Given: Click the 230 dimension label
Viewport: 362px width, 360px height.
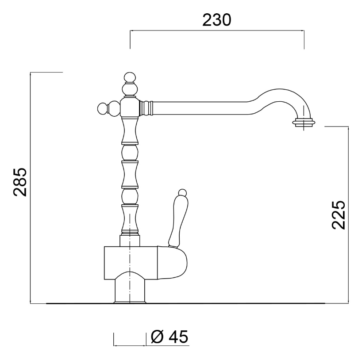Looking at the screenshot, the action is [x=216, y=20].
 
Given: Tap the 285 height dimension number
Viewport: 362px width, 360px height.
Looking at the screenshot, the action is [x=20, y=182].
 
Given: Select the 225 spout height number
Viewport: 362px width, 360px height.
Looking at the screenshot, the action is [x=338, y=215].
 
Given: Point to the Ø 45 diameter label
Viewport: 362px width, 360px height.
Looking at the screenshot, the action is [x=169, y=337].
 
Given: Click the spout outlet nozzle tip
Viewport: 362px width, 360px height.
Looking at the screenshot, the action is [x=304, y=123].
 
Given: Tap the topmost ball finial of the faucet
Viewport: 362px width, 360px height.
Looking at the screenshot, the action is [x=130, y=77].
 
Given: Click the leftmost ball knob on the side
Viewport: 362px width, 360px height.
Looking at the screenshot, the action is [x=103, y=108].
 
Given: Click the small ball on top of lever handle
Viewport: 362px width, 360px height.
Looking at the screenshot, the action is [x=182, y=192].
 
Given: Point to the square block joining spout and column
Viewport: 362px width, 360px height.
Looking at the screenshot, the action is [x=130, y=107].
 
